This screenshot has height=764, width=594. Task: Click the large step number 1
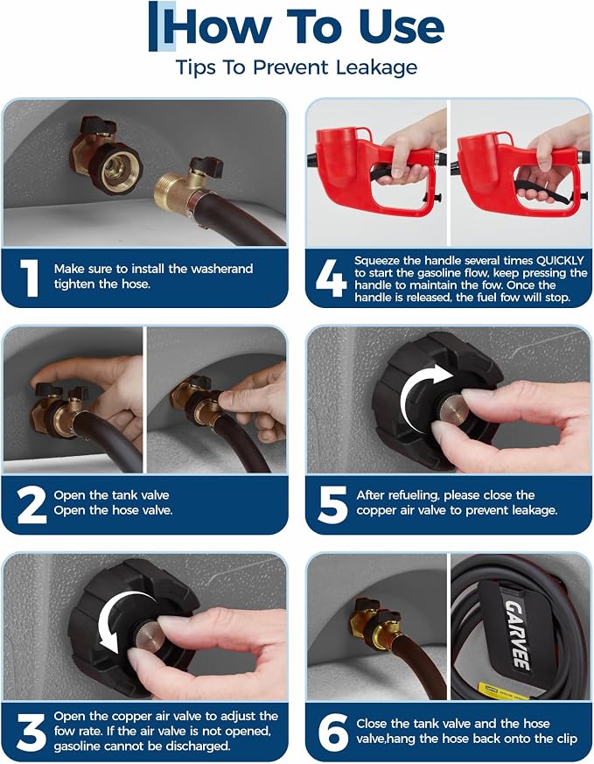30,277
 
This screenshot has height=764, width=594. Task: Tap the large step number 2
31,504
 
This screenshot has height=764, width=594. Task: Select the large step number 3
31,732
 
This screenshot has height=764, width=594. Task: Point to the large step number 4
331,277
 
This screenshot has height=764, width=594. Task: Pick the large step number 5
332,504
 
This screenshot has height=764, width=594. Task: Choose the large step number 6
333,732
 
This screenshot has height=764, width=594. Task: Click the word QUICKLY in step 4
559,261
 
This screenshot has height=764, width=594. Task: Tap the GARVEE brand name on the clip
517,634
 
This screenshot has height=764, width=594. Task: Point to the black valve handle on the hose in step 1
206,166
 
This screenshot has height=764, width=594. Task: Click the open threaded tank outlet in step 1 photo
116,169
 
